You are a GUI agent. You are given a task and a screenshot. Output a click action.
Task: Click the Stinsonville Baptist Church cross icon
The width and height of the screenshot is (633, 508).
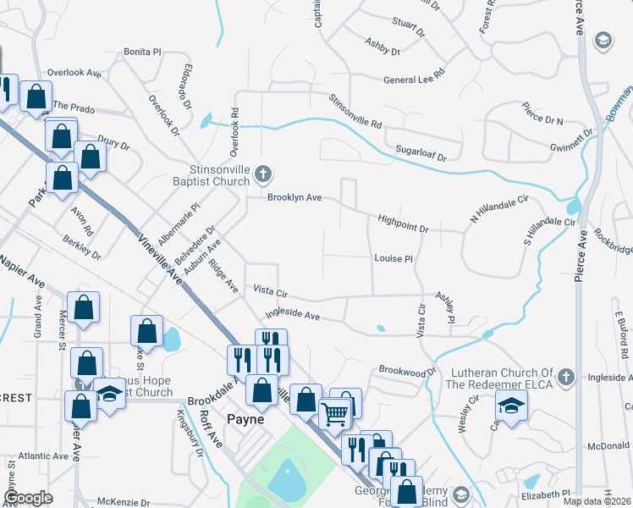pyautogui.click(x=263, y=174)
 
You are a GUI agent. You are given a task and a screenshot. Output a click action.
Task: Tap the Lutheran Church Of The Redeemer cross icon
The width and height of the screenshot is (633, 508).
pyautogui.click(x=567, y=376)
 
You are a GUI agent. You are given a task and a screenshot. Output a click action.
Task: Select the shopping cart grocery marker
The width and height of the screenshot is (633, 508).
pyautogui.click(x=335, y=414)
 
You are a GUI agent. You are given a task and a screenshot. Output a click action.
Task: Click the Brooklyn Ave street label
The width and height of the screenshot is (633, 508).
pyautogui.click(x=294, y=197)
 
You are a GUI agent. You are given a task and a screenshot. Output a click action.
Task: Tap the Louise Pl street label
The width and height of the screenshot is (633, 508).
pyautogui.click(x=393, y=259)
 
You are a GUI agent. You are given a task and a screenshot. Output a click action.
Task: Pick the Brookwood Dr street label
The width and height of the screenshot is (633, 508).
pyautogui.click(x=407, y=371)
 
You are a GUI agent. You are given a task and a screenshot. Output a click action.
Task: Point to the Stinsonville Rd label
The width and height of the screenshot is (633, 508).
pyautogui.click(x=355, y=111)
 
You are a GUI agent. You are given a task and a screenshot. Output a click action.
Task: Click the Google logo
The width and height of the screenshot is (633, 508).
pyautogui.click(x=28, y=498)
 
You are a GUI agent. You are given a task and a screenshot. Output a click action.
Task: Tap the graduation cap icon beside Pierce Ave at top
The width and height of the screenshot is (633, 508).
pyautogui.click(x=603, y=41)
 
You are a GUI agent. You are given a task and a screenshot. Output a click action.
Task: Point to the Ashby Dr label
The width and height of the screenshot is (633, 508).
pyautogui.click(x=383, y=46)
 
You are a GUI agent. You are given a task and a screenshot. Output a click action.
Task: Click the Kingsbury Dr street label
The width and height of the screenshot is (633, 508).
pyautogui.click(x=190, y=433)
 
